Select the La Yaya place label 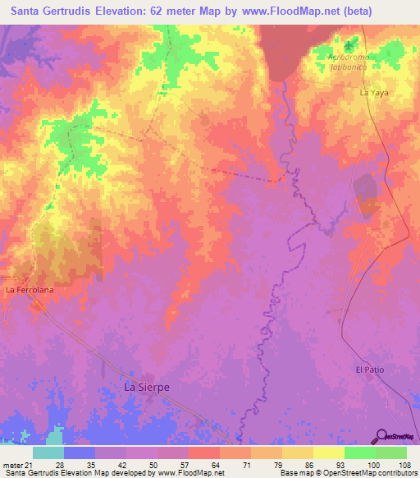[x=373, y=94]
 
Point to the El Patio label [x=370, y=370]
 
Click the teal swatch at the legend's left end [x=48, y=453]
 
